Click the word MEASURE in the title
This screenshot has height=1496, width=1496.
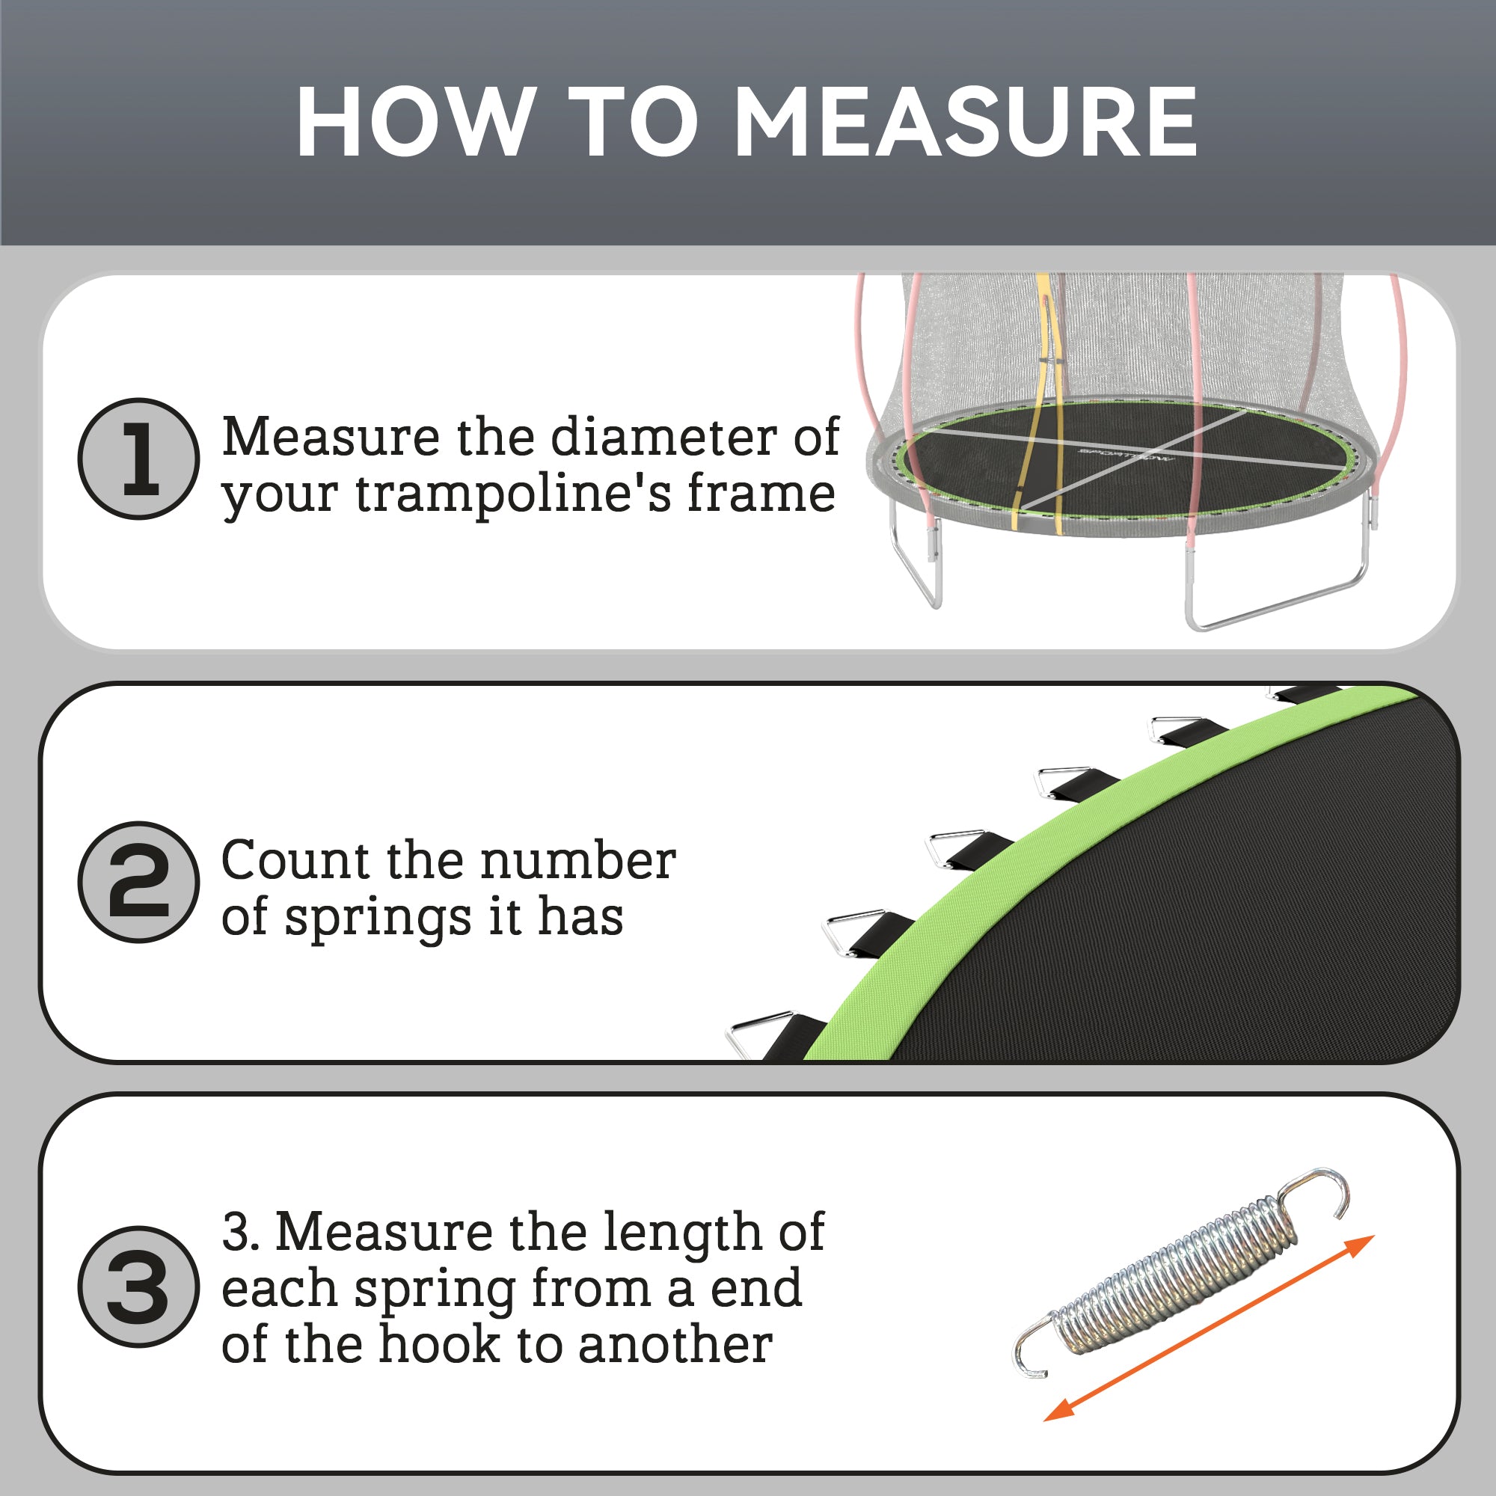tap(965, 123)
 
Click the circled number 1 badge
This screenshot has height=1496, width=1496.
tap(138, 459)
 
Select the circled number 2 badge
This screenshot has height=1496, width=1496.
tap(138, 882)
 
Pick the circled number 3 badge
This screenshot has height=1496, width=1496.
tap(138, 1287)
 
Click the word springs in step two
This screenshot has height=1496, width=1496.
tap(377, 919)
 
